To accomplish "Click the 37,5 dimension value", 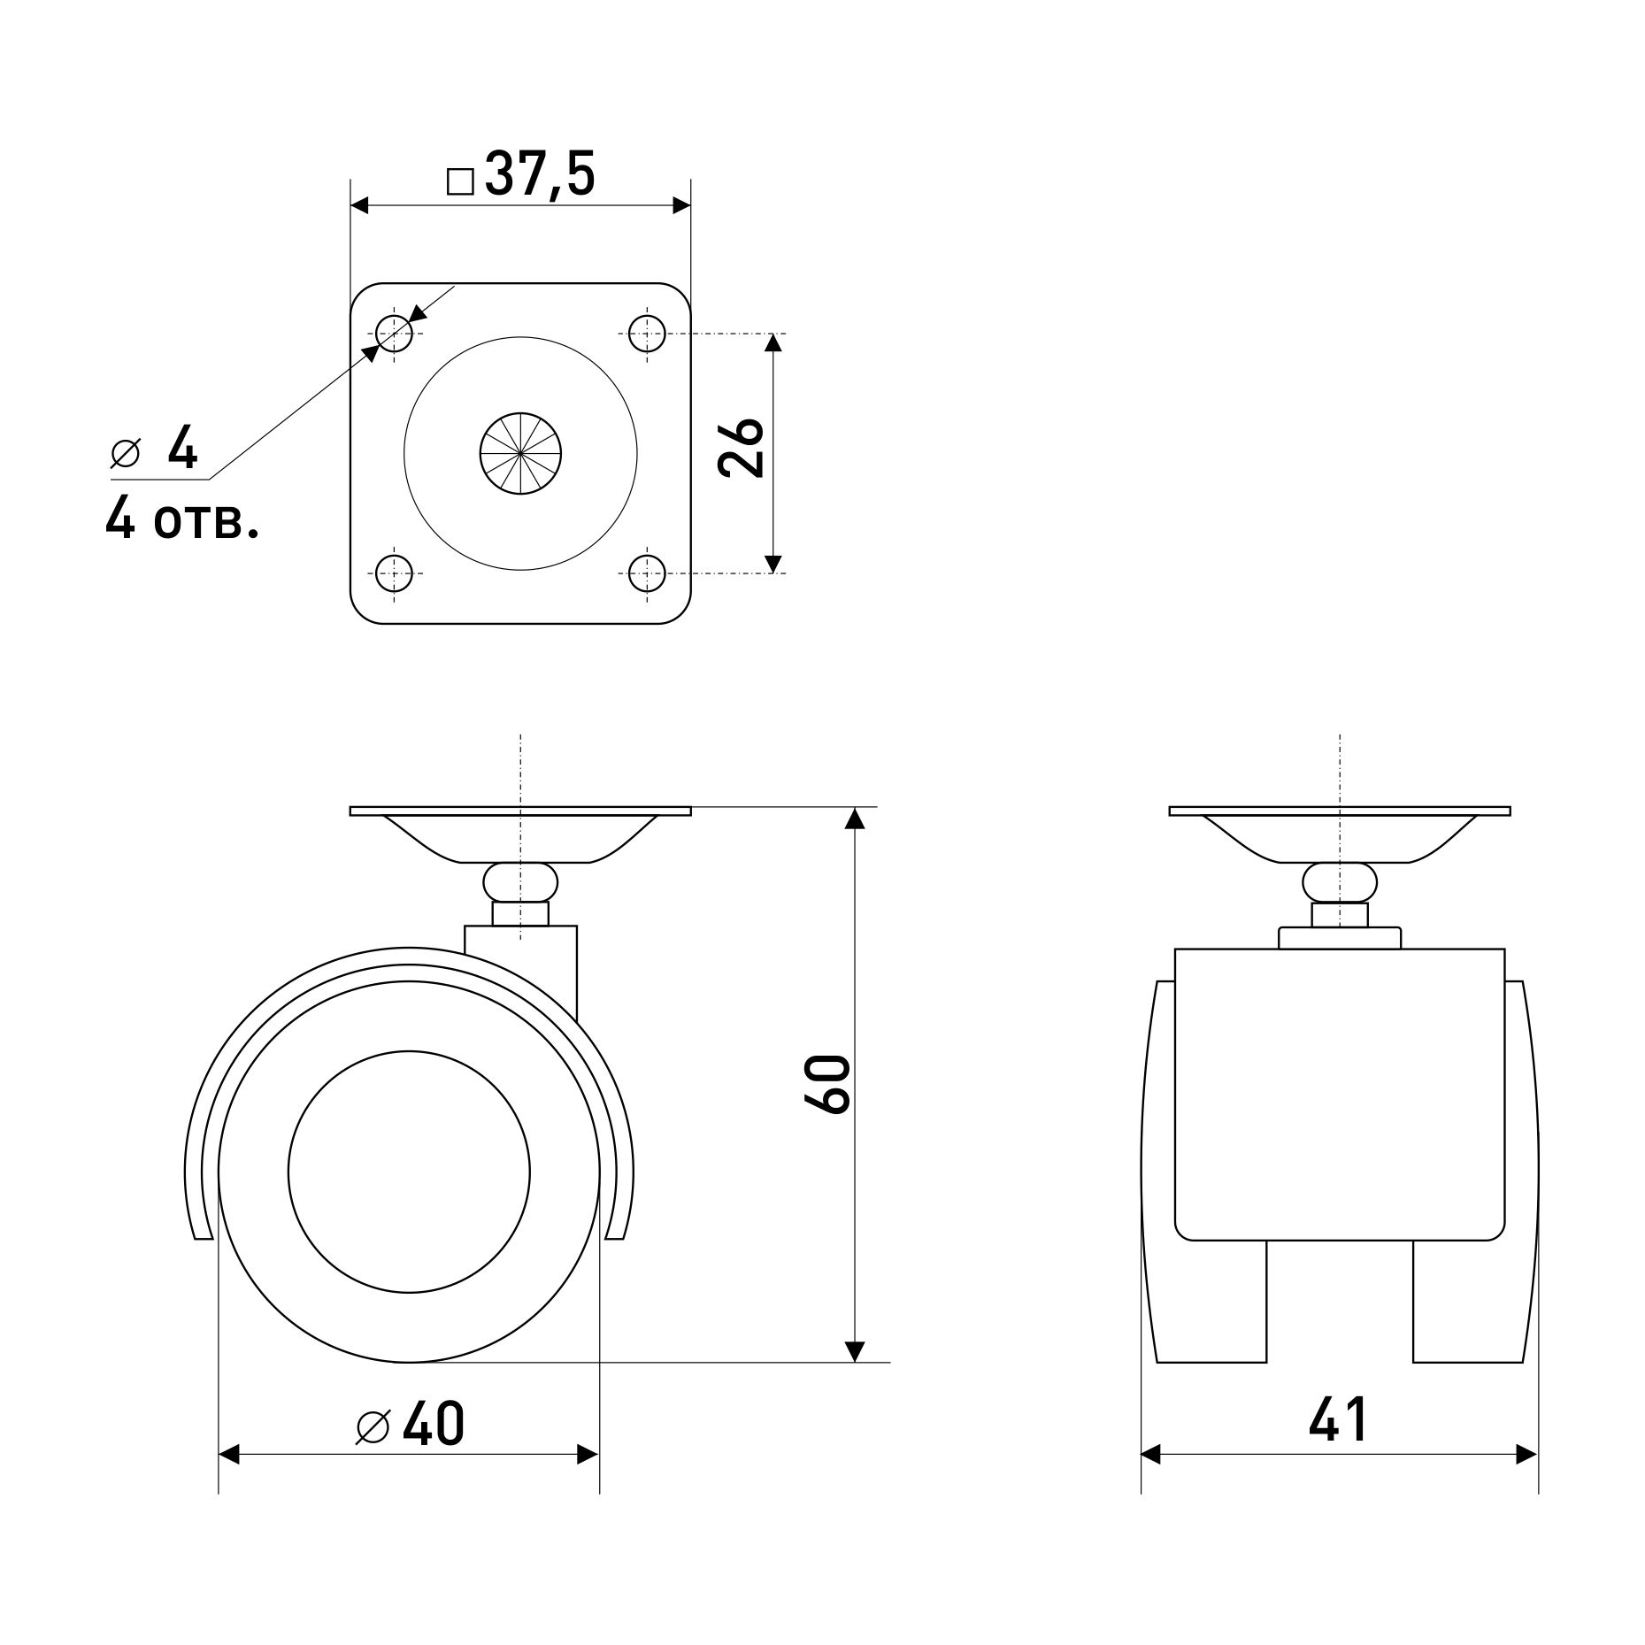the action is pos(540,174).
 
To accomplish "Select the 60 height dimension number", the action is pos(827,1082).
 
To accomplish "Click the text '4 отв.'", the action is pos(182,518).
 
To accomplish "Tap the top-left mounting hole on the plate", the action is pos(394,334).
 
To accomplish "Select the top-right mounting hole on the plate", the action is pos(647,334).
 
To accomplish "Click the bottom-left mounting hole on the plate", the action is pos(394,573).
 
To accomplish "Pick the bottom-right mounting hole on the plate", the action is pos(647,573).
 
